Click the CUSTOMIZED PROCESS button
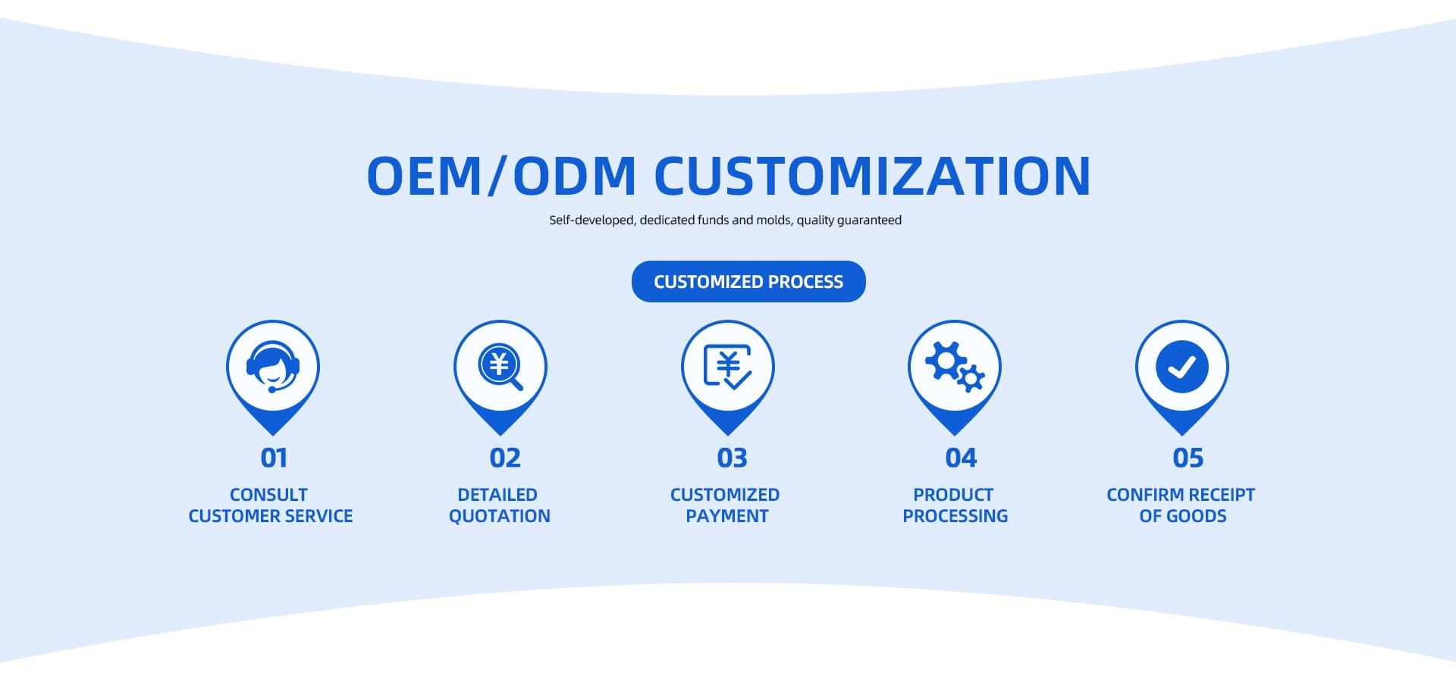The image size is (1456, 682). (748, 281)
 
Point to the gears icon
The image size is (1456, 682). (955, 367)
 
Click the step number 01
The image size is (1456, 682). (274, 458)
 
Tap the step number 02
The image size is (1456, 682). (505, 458)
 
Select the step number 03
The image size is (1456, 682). (732, 458)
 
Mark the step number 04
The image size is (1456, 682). (961, 458)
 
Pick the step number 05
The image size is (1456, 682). (1188, 458)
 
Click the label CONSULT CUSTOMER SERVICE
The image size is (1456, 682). (271, 505)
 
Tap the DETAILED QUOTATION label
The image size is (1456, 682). (499, 505)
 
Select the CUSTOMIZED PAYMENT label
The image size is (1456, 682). (725, 505)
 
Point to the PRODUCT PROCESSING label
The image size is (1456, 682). (955, 505)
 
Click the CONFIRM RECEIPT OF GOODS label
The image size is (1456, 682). (1181, 505)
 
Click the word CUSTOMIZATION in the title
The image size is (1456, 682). (872, 176)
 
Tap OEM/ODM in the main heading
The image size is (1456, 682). (501, 176)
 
